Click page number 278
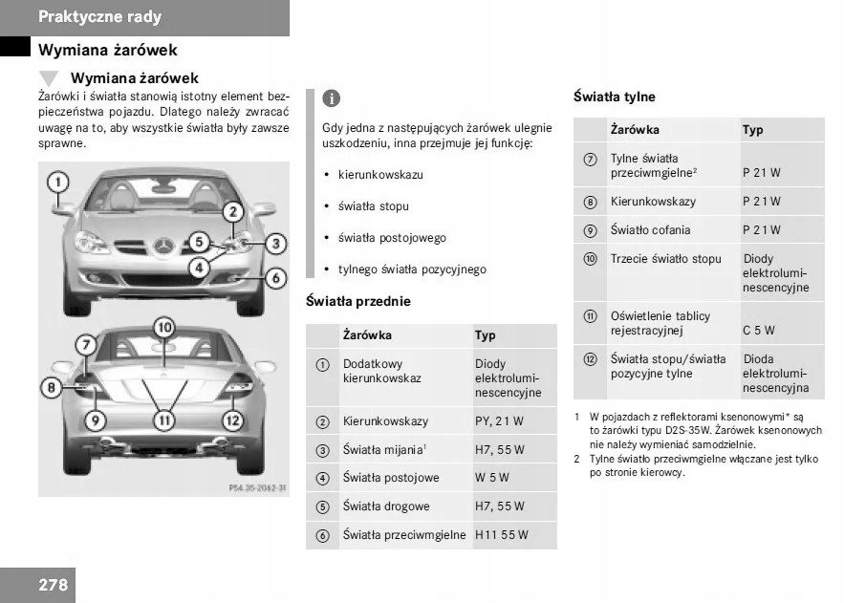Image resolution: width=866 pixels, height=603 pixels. [54, 584]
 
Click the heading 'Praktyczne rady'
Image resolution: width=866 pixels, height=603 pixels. [99, 16]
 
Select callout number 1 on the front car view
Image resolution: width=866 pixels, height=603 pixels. [58, 181]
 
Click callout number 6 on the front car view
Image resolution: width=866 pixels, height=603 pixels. [275, 278]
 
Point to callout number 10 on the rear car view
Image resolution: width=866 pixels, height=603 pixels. [164, 328]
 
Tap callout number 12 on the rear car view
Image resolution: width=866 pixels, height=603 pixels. [232, 420]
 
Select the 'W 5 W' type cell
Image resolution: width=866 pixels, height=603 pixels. [492, 478]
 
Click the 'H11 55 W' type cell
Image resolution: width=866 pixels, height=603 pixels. [502, 535]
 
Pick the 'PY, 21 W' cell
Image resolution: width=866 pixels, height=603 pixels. [499, 421]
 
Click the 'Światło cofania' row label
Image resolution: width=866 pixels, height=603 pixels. [650, 230]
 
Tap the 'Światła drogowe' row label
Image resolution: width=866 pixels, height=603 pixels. [386, 506]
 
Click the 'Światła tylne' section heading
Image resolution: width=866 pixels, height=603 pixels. [614, 97]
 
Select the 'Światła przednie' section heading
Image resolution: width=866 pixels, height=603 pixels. [357, 301]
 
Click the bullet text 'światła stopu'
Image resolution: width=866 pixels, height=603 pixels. [373, 206]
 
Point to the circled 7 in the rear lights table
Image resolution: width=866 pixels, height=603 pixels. [590, 160]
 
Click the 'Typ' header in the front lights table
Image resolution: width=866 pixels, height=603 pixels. [486, 335]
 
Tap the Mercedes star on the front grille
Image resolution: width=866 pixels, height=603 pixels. [162, 246]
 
